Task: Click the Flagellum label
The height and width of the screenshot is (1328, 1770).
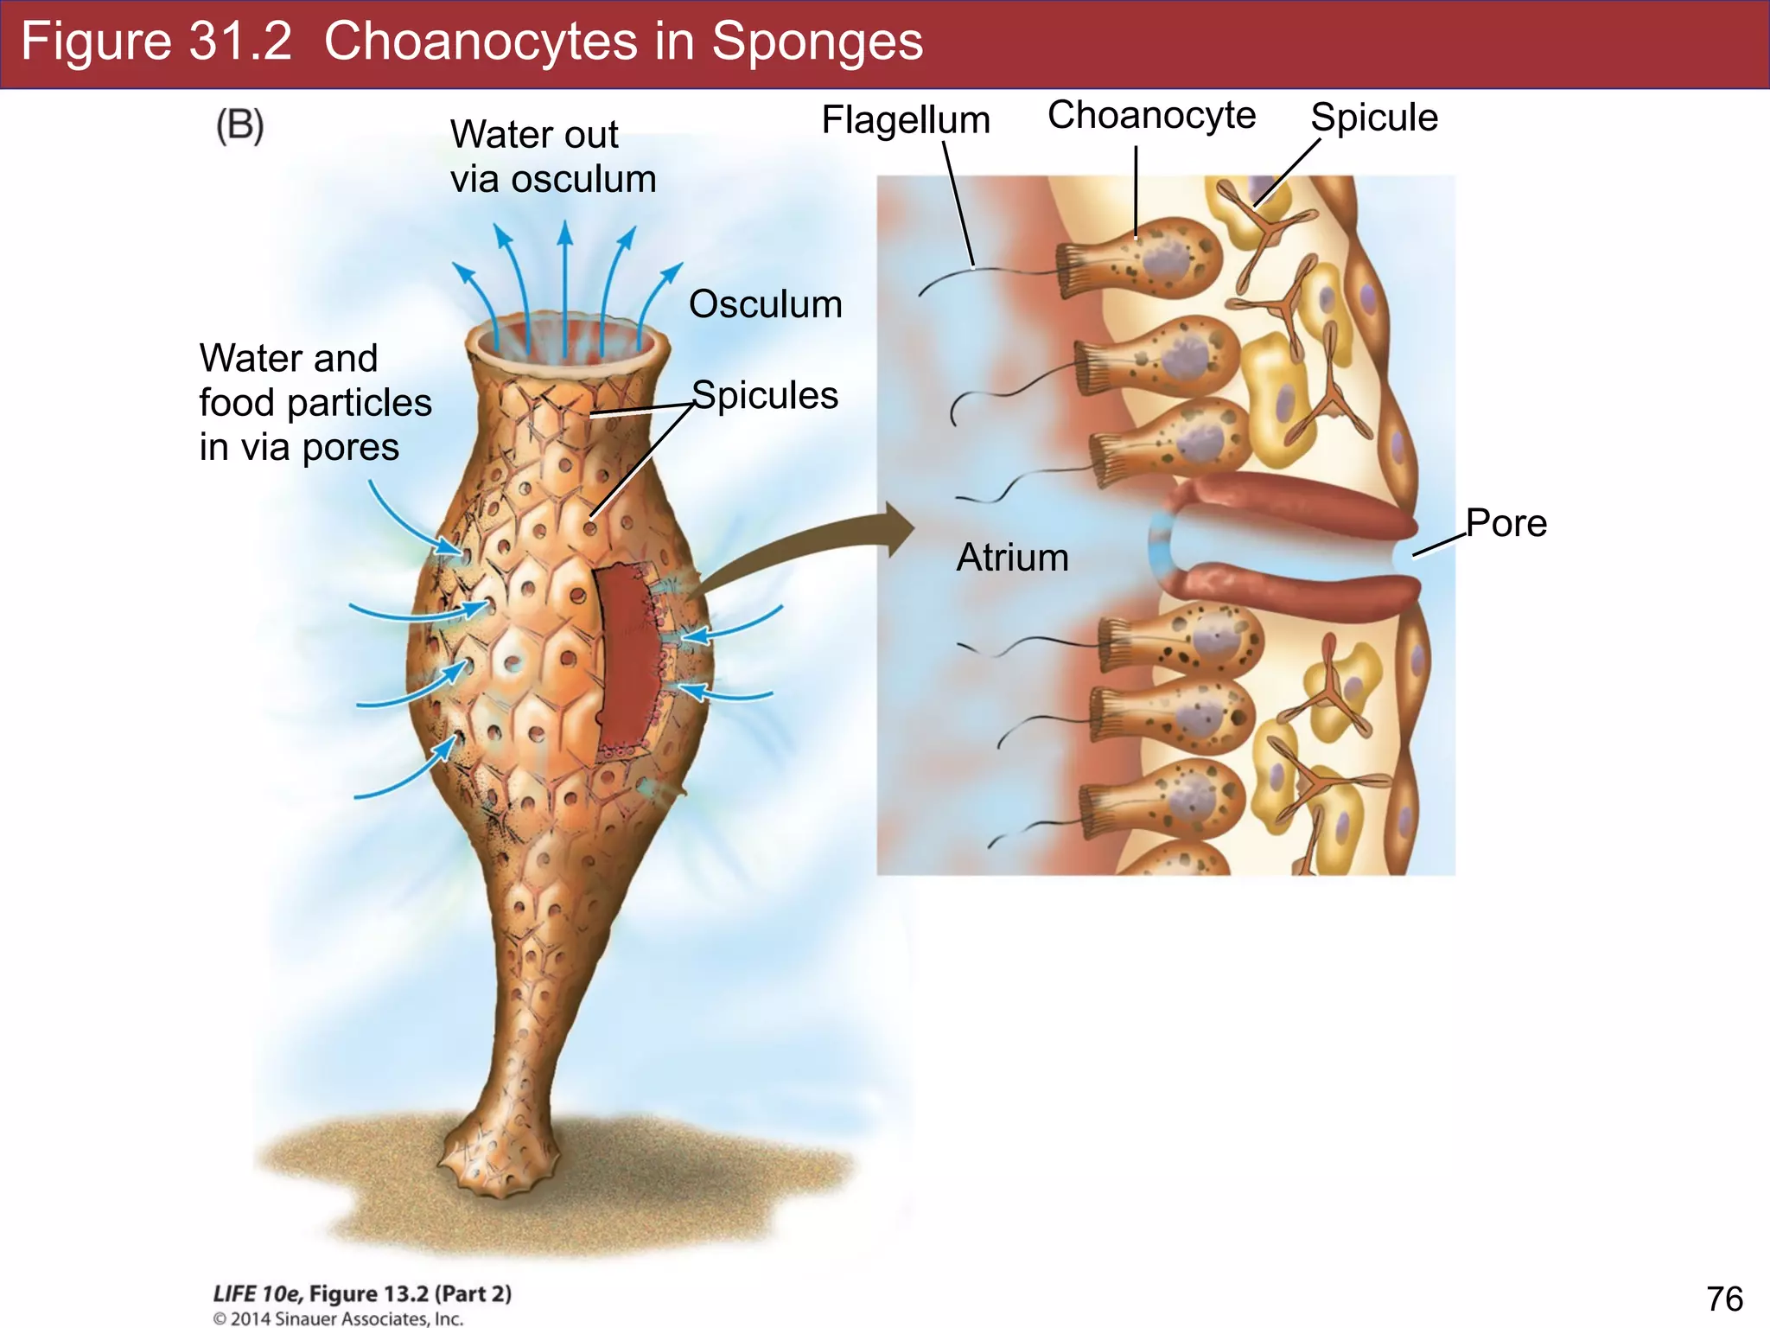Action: tap(905, 120)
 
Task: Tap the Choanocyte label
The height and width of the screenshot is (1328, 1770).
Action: tap(1151, 116)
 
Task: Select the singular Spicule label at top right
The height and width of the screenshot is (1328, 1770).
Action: tap(1373, 118)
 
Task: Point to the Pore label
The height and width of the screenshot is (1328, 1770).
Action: tap(1506, 524)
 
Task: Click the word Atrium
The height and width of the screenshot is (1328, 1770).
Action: tap(1012, 558)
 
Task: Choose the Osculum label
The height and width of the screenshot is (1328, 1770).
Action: tap(765, 305)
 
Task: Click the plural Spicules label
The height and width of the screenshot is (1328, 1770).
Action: tap(765, 396)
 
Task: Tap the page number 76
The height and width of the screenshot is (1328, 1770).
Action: tap(1724, 1299)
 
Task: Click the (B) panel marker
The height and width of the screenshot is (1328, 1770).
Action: tap(239, 126)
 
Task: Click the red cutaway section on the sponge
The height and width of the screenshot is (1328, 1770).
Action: tap(627, 657)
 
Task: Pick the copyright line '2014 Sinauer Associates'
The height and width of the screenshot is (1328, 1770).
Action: tap(339, 1318)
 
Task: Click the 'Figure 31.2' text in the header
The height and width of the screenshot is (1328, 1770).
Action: tap(156, 41)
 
